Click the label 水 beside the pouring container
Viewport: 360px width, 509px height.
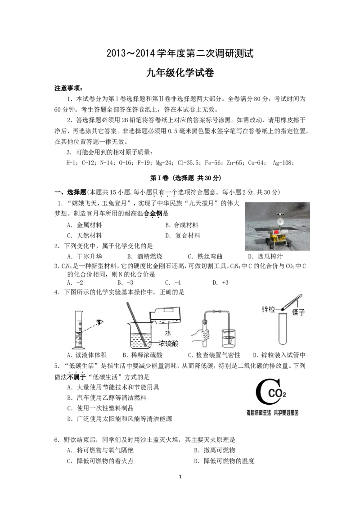[x=168, y=333]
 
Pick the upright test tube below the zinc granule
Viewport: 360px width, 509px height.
[x=283, y=329]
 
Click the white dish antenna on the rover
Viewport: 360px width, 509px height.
[x=281, y=222]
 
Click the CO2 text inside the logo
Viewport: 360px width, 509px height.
[x=277, y=394]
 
